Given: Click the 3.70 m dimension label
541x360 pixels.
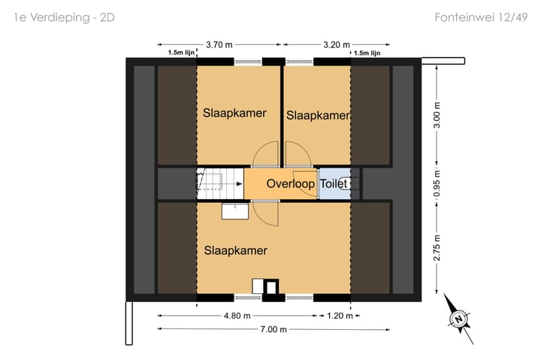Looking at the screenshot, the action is tap(219, 45).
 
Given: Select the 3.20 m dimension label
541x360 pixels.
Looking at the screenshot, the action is tap(337, 45).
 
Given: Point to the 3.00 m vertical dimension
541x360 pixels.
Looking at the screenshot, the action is tap(437, 115).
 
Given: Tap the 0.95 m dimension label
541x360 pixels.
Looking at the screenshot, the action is tap(437, 183).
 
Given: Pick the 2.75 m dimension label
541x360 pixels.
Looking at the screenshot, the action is tap(437, 247).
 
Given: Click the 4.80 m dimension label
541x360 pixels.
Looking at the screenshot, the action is tap(237, 316).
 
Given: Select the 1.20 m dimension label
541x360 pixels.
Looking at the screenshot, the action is tap(340, 316).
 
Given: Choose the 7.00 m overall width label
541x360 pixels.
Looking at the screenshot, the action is tap(274, 329).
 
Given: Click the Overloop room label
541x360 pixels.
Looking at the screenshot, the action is tap(291, 183).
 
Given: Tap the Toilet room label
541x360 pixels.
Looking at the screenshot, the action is tap(334, 183).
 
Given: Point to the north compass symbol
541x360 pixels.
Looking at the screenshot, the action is tap(458, 319).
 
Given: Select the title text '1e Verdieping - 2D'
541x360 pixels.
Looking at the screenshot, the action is tap(64, 17).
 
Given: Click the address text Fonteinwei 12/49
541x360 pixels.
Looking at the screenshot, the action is tap(481, 17).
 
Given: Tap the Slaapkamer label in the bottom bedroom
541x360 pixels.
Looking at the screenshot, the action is tap(236, 250).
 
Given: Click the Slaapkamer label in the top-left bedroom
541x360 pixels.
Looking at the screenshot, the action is tap(234, 113).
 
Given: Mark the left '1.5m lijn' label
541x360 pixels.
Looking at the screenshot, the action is tap(181, 53).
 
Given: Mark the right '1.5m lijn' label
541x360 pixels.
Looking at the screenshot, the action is tap(367, 53).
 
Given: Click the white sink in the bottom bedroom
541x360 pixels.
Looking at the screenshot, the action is tap(235, 211).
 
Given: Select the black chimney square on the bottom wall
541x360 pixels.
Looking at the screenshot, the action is tap(271, 286).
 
